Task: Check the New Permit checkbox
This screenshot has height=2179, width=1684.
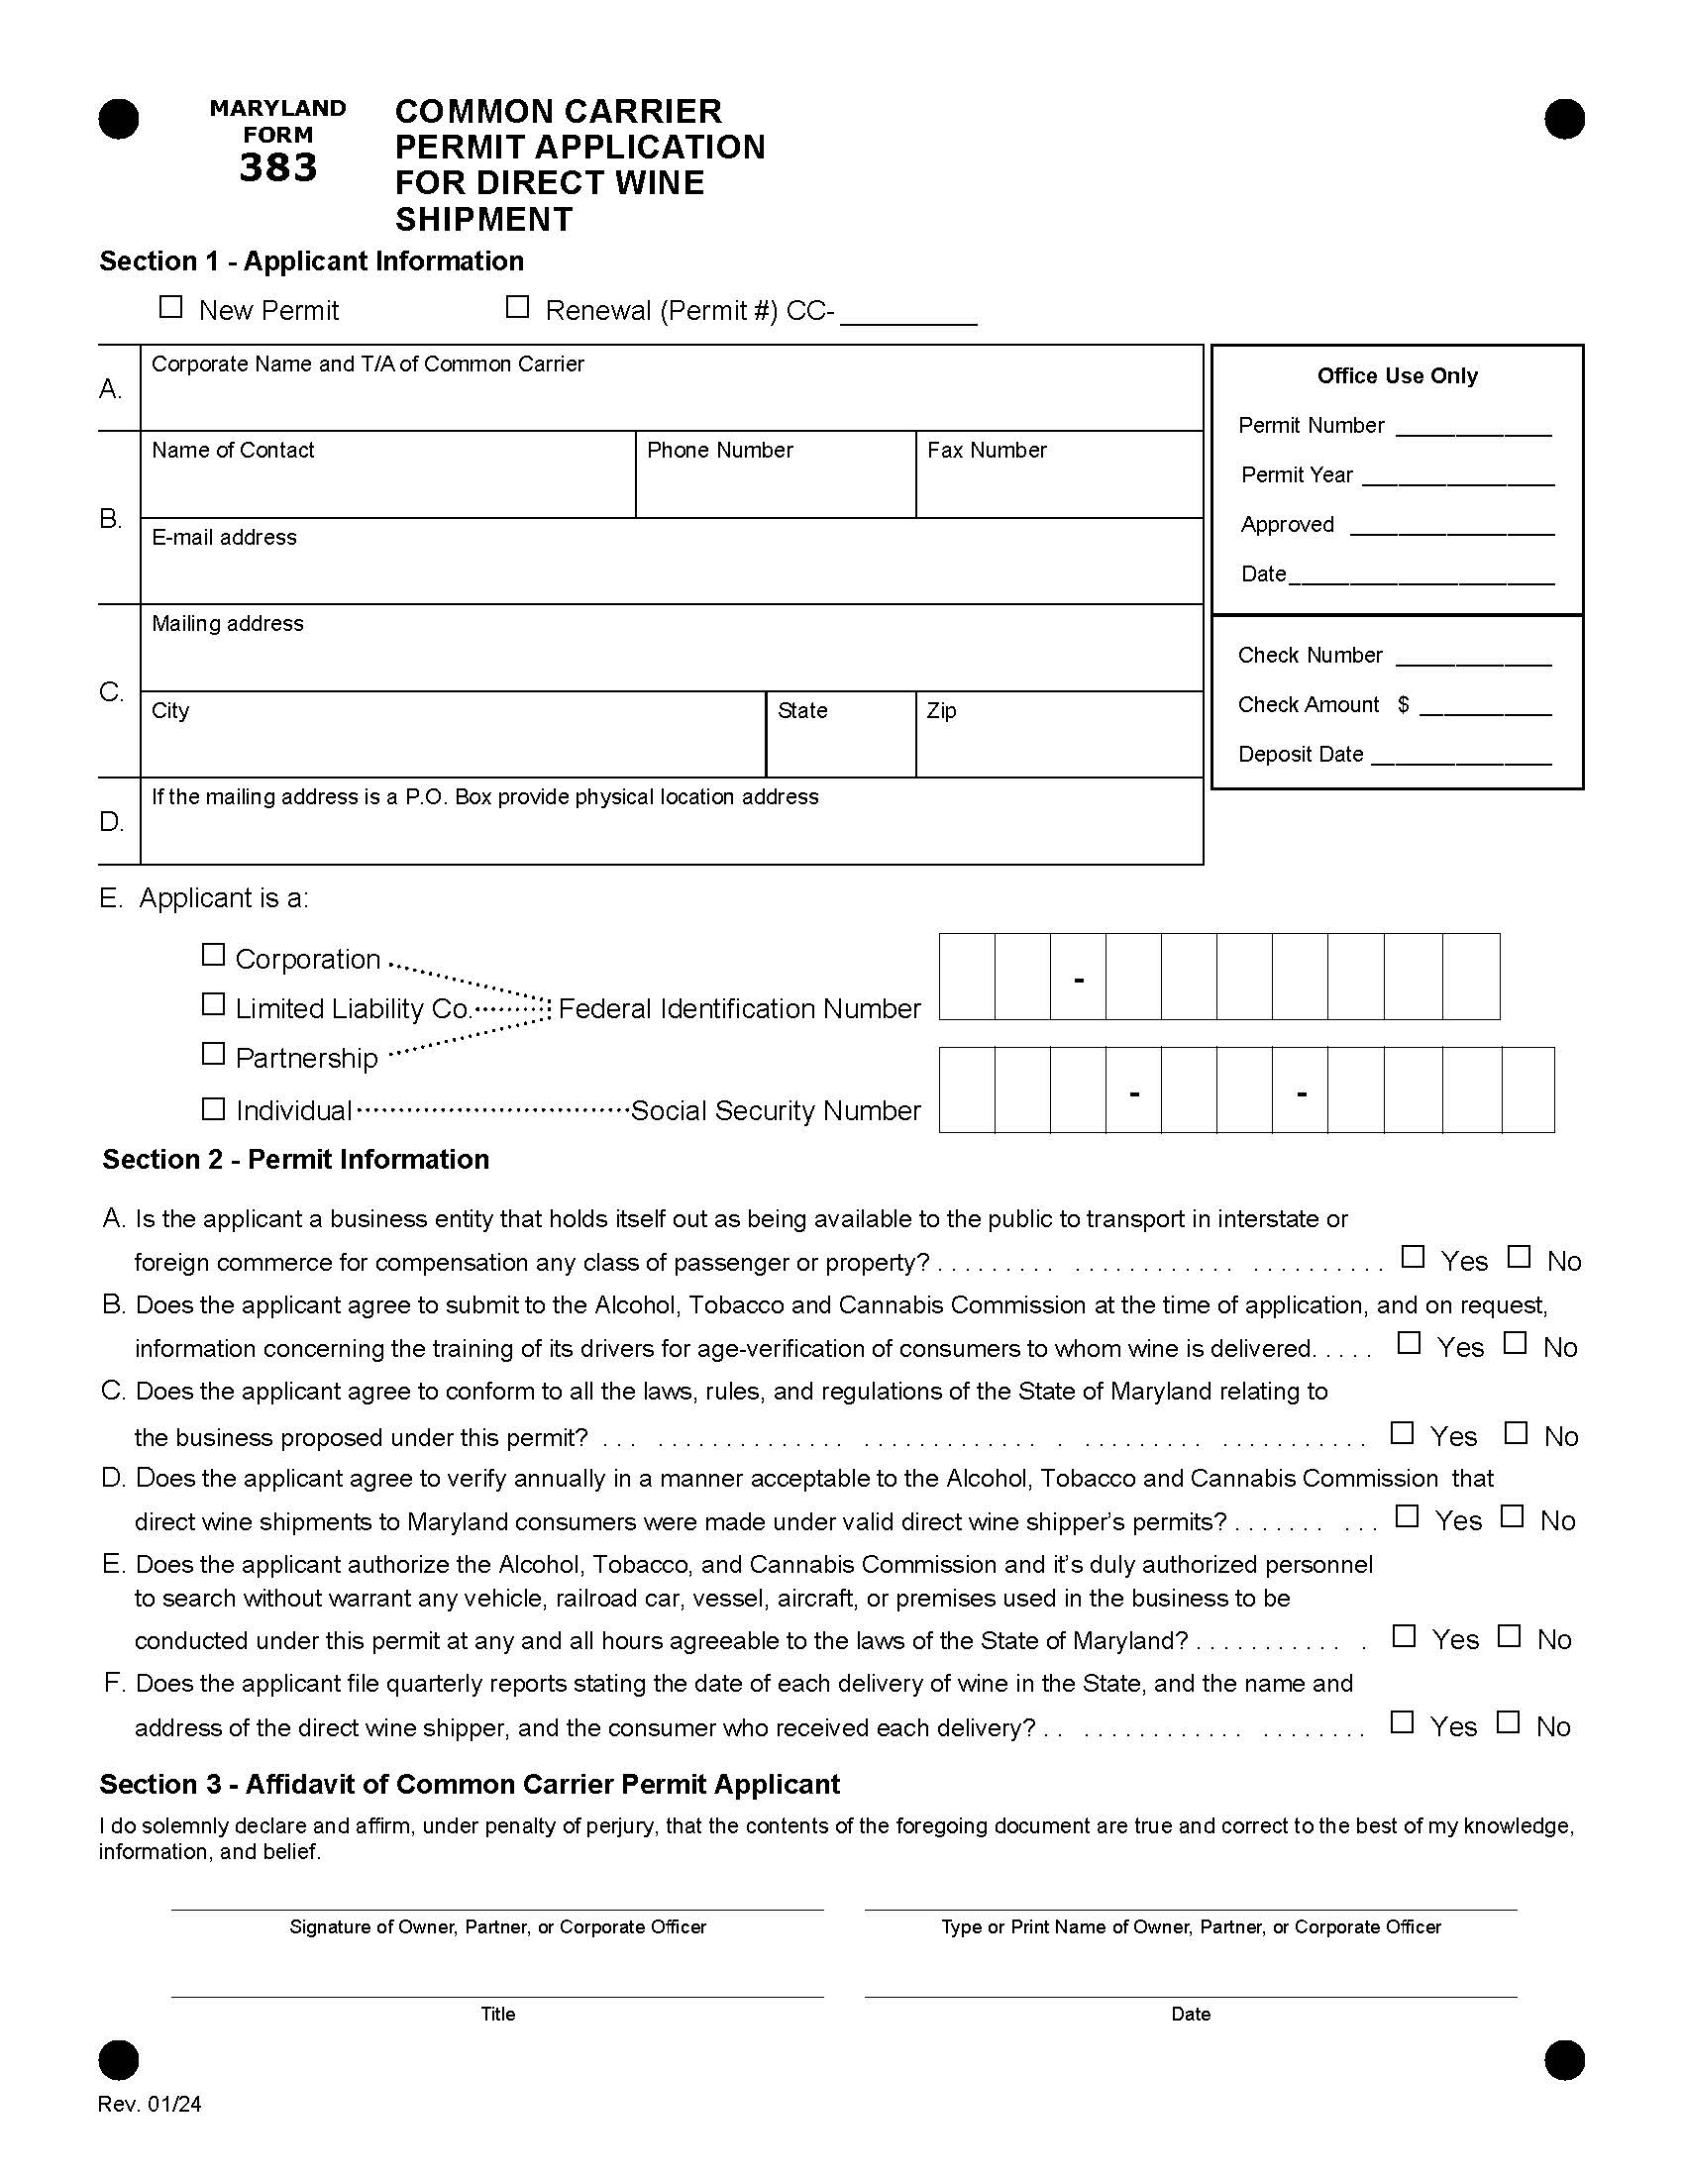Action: tap(170, 307)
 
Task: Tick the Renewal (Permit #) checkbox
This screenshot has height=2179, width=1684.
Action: tap(517, 307)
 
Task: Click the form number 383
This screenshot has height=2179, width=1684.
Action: tap(278, 167)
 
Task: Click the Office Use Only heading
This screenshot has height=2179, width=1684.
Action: tap(1397, 376)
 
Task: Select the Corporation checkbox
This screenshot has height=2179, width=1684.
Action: tap(213, 955)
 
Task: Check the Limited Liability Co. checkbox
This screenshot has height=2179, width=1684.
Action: tap(213, 1003)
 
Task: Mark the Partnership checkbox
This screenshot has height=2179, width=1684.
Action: tap(213, 1054)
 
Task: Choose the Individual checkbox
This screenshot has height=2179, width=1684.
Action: tap(213, 1108)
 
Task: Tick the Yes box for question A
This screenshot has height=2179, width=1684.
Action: tap(1413, 1257)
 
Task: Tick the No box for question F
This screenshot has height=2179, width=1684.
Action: tap(1509, 1722)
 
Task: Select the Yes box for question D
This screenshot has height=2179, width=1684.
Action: tap(1407, 1516)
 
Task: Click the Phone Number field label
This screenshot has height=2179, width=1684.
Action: tap(719, 450)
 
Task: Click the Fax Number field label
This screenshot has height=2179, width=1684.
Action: tap(987, 450)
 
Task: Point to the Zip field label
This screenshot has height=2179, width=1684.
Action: tap(941, 710)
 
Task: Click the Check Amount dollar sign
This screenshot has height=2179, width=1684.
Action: tap(1403, 704)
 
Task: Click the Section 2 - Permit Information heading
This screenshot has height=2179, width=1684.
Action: tap(295, 1160)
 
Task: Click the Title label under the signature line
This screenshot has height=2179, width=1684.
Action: tap(498, 2014)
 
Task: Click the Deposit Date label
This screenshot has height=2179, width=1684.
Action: tap(1300, 755)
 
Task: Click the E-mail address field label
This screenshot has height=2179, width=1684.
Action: tap(224, 537)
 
